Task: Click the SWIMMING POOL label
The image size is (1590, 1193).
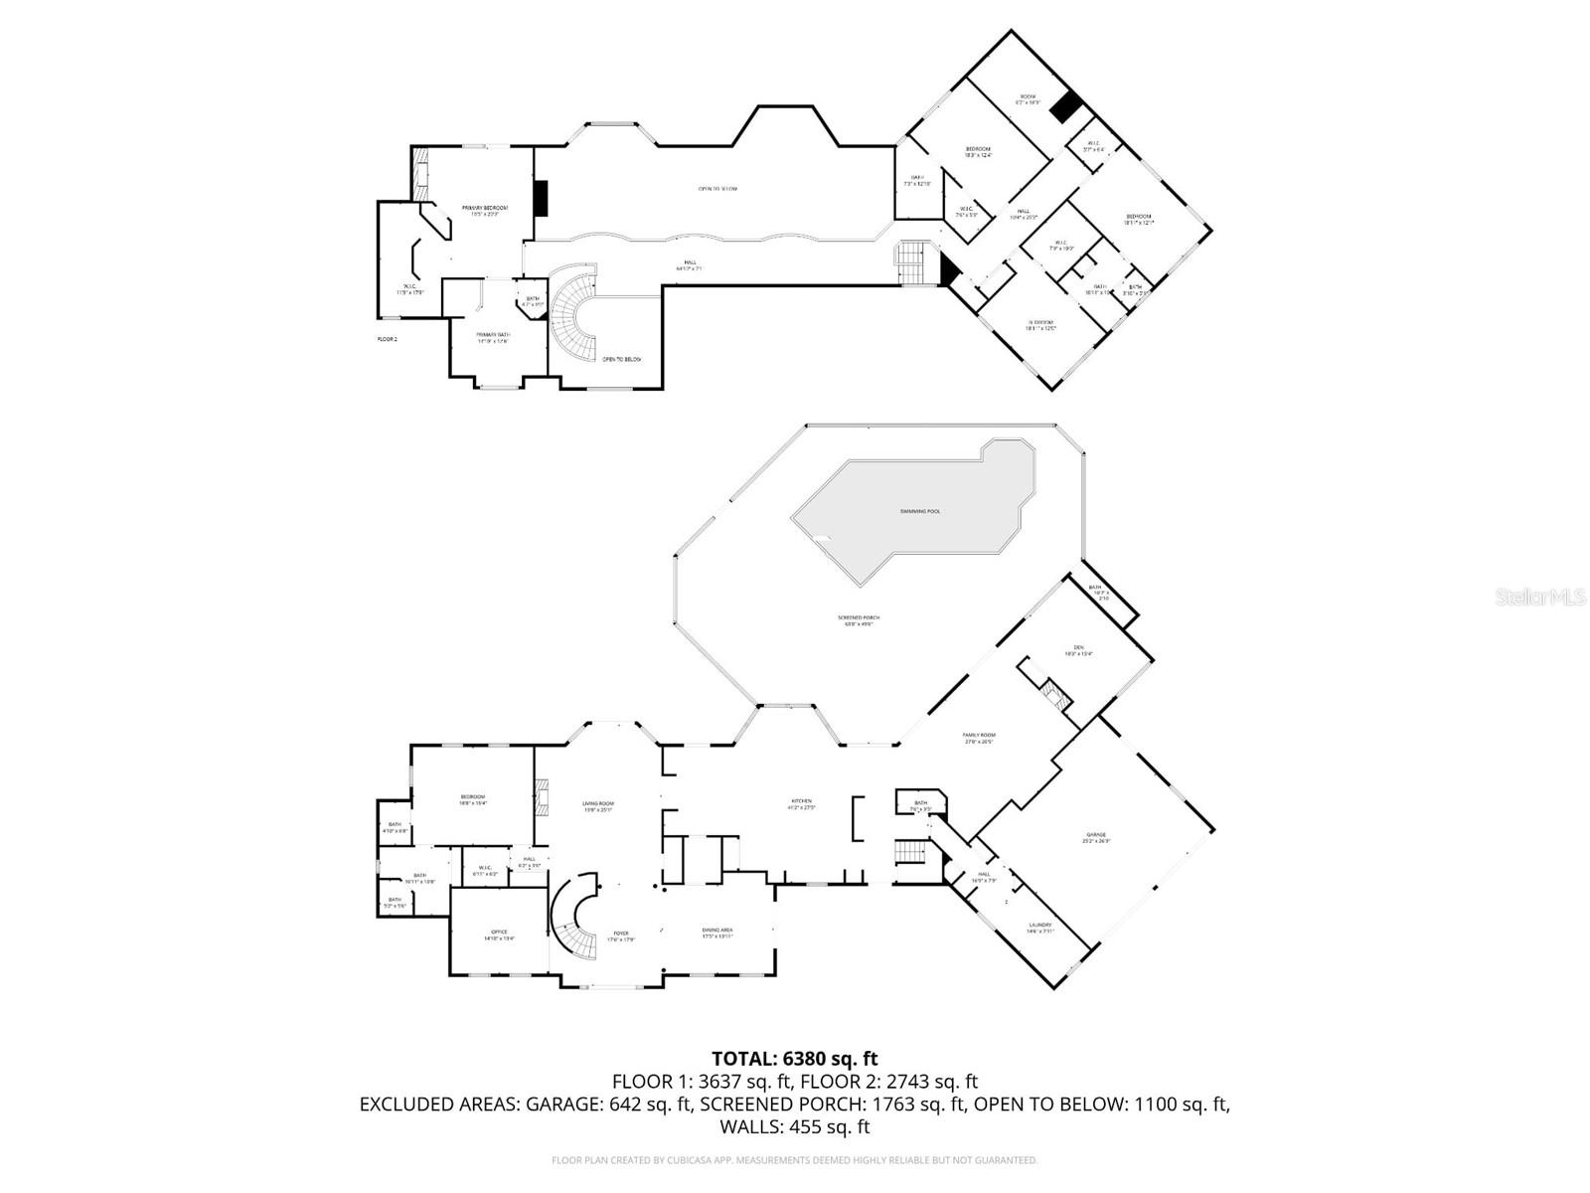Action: (920, 511)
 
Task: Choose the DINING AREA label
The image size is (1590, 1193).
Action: (717, 933)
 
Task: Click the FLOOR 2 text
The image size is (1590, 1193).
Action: (387, 339)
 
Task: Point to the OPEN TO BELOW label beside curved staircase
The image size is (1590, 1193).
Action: (622, 359)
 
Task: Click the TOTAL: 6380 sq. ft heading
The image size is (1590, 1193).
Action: (794, 1059)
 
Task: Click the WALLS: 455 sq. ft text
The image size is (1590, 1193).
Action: (794, 1126)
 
